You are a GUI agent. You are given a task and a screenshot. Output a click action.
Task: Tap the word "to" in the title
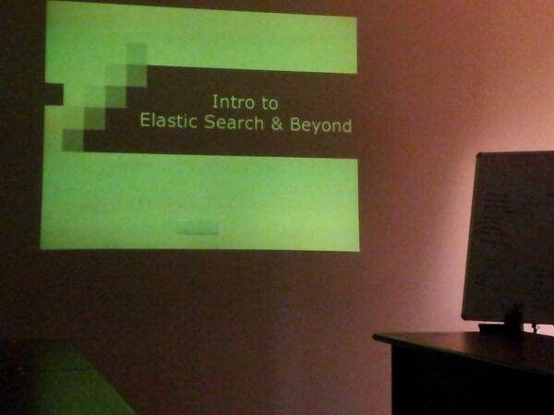point(269,102)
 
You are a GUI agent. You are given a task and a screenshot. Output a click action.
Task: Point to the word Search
point(234,123)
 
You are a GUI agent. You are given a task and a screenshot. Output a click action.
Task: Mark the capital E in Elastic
point(144,123)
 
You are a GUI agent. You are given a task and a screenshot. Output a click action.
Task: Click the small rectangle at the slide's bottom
point(198,227)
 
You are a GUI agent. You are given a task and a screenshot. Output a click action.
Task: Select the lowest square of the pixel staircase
point(73,140)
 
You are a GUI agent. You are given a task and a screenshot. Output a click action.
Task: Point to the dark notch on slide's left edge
point(54,92)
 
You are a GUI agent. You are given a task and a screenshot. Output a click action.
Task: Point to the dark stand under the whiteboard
point(512,321)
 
